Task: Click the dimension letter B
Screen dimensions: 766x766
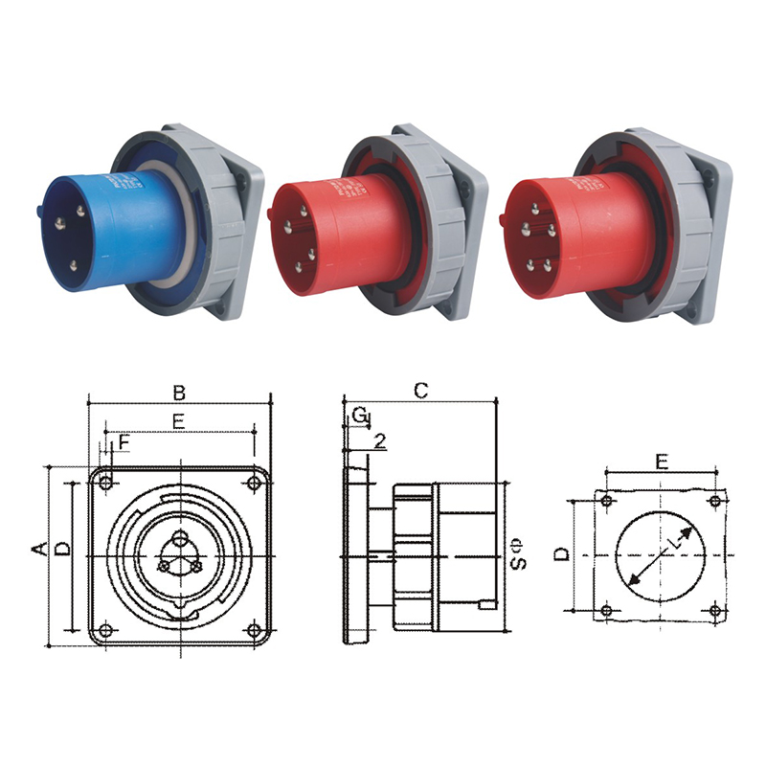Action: click(x=178, y=393)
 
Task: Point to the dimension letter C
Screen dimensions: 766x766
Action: click(x=420, y=390)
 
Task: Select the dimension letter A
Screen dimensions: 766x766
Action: click(x=39, y=548)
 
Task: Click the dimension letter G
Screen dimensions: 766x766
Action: click(x=359, y=415)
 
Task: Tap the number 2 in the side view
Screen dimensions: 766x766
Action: click(x=380, y=441)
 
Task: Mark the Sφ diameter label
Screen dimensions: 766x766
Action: click(x=517, y=554)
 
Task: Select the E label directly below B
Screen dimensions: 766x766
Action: click(x=178, y=420)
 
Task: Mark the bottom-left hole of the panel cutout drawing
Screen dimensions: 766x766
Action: click(x=605, y=610)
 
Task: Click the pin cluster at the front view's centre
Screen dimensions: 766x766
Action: click(x=179, y=555)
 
